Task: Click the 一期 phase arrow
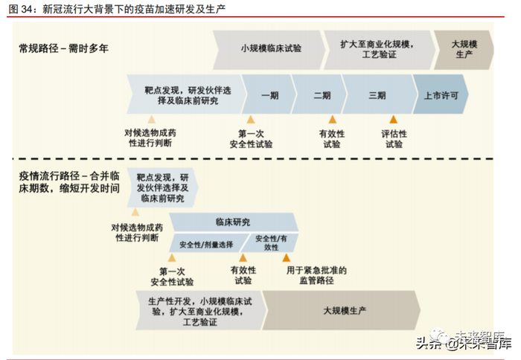269,95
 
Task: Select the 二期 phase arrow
322,95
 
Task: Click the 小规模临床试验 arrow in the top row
271,50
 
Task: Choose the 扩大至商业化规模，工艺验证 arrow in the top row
377,50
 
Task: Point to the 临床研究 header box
233,222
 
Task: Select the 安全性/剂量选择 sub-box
206,244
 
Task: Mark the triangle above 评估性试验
394,120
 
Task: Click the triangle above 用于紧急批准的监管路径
286,258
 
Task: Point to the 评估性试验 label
394,139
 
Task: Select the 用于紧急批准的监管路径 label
316,275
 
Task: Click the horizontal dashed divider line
253,158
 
